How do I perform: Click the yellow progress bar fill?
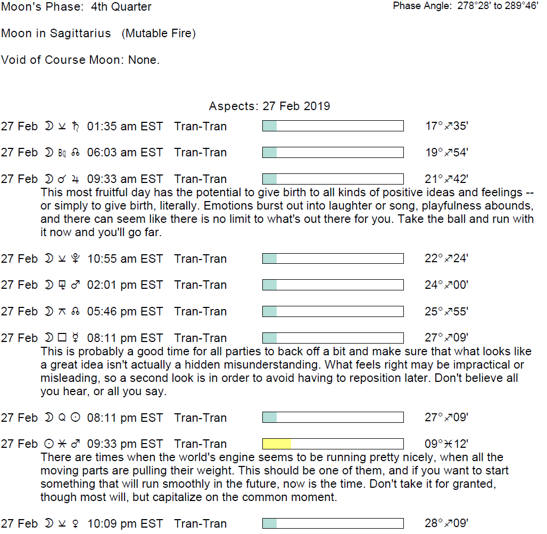[x=277, y=444]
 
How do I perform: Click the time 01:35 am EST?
[x=125, y=127]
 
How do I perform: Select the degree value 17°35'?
[x=446, y=127]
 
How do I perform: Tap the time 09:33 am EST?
[x=125, y=179]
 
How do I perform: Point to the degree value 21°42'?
[x=446, y=179]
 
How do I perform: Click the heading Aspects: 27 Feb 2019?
[x=269, y=106]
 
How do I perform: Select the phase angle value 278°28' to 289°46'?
[x=498, y=6]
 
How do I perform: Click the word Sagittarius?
[x=80, y=34]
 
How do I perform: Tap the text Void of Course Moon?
[x=63, y=60]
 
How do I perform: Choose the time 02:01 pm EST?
[x=125, y=285]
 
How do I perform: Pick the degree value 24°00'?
[x=446, y=285]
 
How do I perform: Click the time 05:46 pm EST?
[x=125, y=312]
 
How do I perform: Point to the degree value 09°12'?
[x=446, y=444]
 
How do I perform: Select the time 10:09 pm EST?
[x=125, y=524]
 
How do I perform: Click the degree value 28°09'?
[x=446, y=524]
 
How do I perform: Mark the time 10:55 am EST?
[x=125, y=259]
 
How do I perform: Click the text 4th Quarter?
[x=121, y=7]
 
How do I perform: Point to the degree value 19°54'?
[x=446, y=153]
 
